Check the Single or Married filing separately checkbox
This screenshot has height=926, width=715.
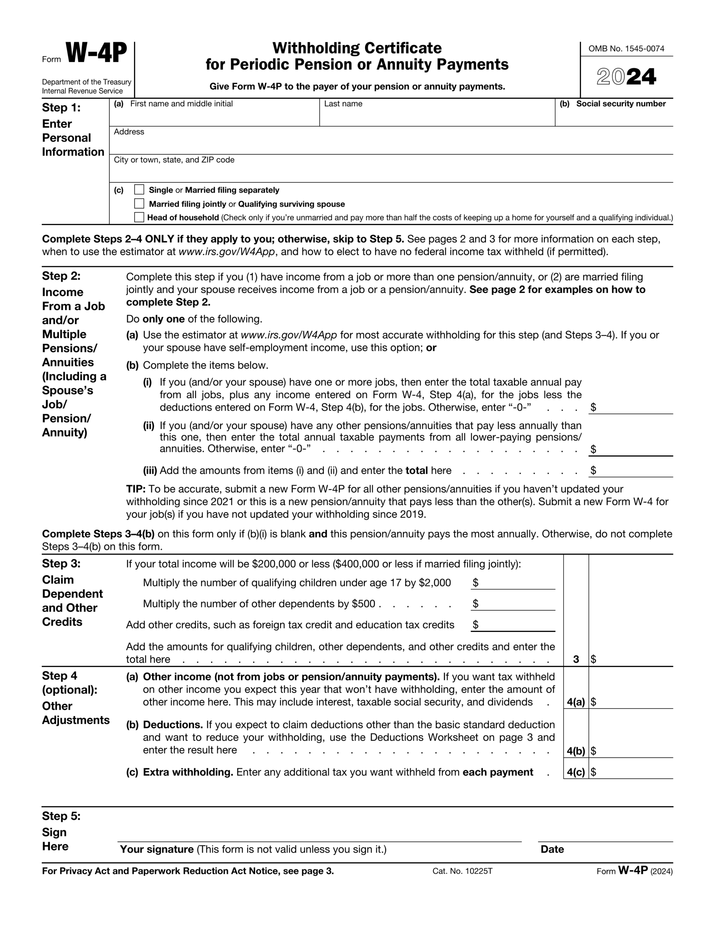(x=139, y=190)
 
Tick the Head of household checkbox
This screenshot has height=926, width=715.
(x=139, y=217)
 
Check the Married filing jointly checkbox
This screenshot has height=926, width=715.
(x=139, y=204)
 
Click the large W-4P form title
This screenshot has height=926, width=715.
(x=96, y=54)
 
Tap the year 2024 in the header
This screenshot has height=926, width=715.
(x=626, y=77)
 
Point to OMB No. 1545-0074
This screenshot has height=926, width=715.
(x=626, y=49)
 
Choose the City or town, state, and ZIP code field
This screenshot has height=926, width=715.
(x=391, y=172)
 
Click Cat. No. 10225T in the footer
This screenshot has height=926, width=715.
(x=462, y=871)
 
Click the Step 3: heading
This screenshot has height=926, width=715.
(x=61, y=564)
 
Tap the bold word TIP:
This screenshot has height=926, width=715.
(x=136, y=489)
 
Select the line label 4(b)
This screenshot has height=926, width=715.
(x=575, y=751)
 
